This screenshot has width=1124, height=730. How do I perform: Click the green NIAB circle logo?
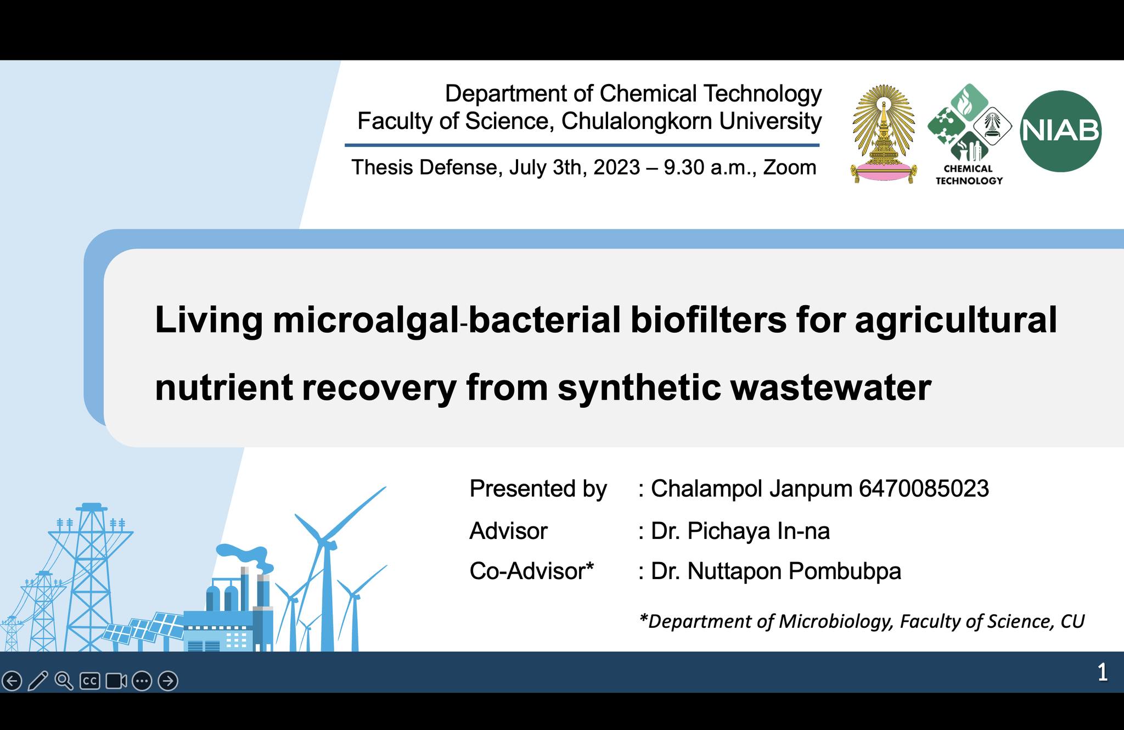pos(1060,131)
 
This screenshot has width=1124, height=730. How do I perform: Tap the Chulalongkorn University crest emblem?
pos(883,134)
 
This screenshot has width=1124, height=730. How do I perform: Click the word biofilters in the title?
pos(709,319)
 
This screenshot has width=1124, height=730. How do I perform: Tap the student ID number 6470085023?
pos(924,488)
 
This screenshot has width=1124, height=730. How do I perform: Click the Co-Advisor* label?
pos(532,571)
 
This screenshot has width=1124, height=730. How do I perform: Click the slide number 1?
pos(1103,672)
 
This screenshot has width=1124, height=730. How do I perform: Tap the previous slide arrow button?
pos(12,681)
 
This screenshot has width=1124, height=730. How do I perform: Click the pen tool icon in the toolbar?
pos(38,681)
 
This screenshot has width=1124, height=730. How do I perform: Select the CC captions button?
pos(90,681)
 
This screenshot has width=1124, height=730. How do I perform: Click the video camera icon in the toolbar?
pos(116,681)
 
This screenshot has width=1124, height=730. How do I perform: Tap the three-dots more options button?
pos(142,681)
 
